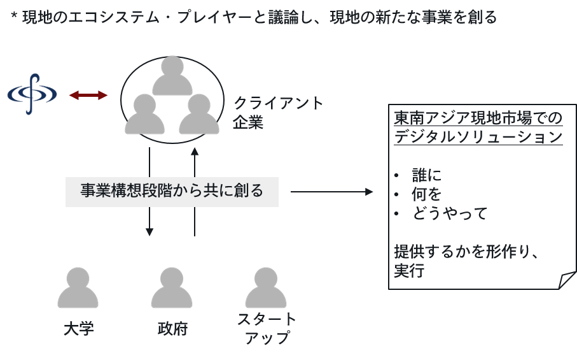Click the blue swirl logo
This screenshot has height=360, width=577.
[32, 95]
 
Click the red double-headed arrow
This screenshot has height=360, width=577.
[88, 96]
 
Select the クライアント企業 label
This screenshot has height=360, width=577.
[279, 112]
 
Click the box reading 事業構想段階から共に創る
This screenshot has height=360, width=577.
[172, 191]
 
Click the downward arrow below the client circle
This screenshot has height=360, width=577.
[149, 191]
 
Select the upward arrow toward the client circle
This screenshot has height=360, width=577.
[195, 191]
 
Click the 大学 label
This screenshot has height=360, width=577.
[79, 329]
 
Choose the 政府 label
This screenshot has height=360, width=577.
[172, 329]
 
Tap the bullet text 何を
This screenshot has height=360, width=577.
[426, 194]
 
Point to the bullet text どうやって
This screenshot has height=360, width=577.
[449, 213]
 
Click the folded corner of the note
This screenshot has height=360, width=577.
[566, 280]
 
